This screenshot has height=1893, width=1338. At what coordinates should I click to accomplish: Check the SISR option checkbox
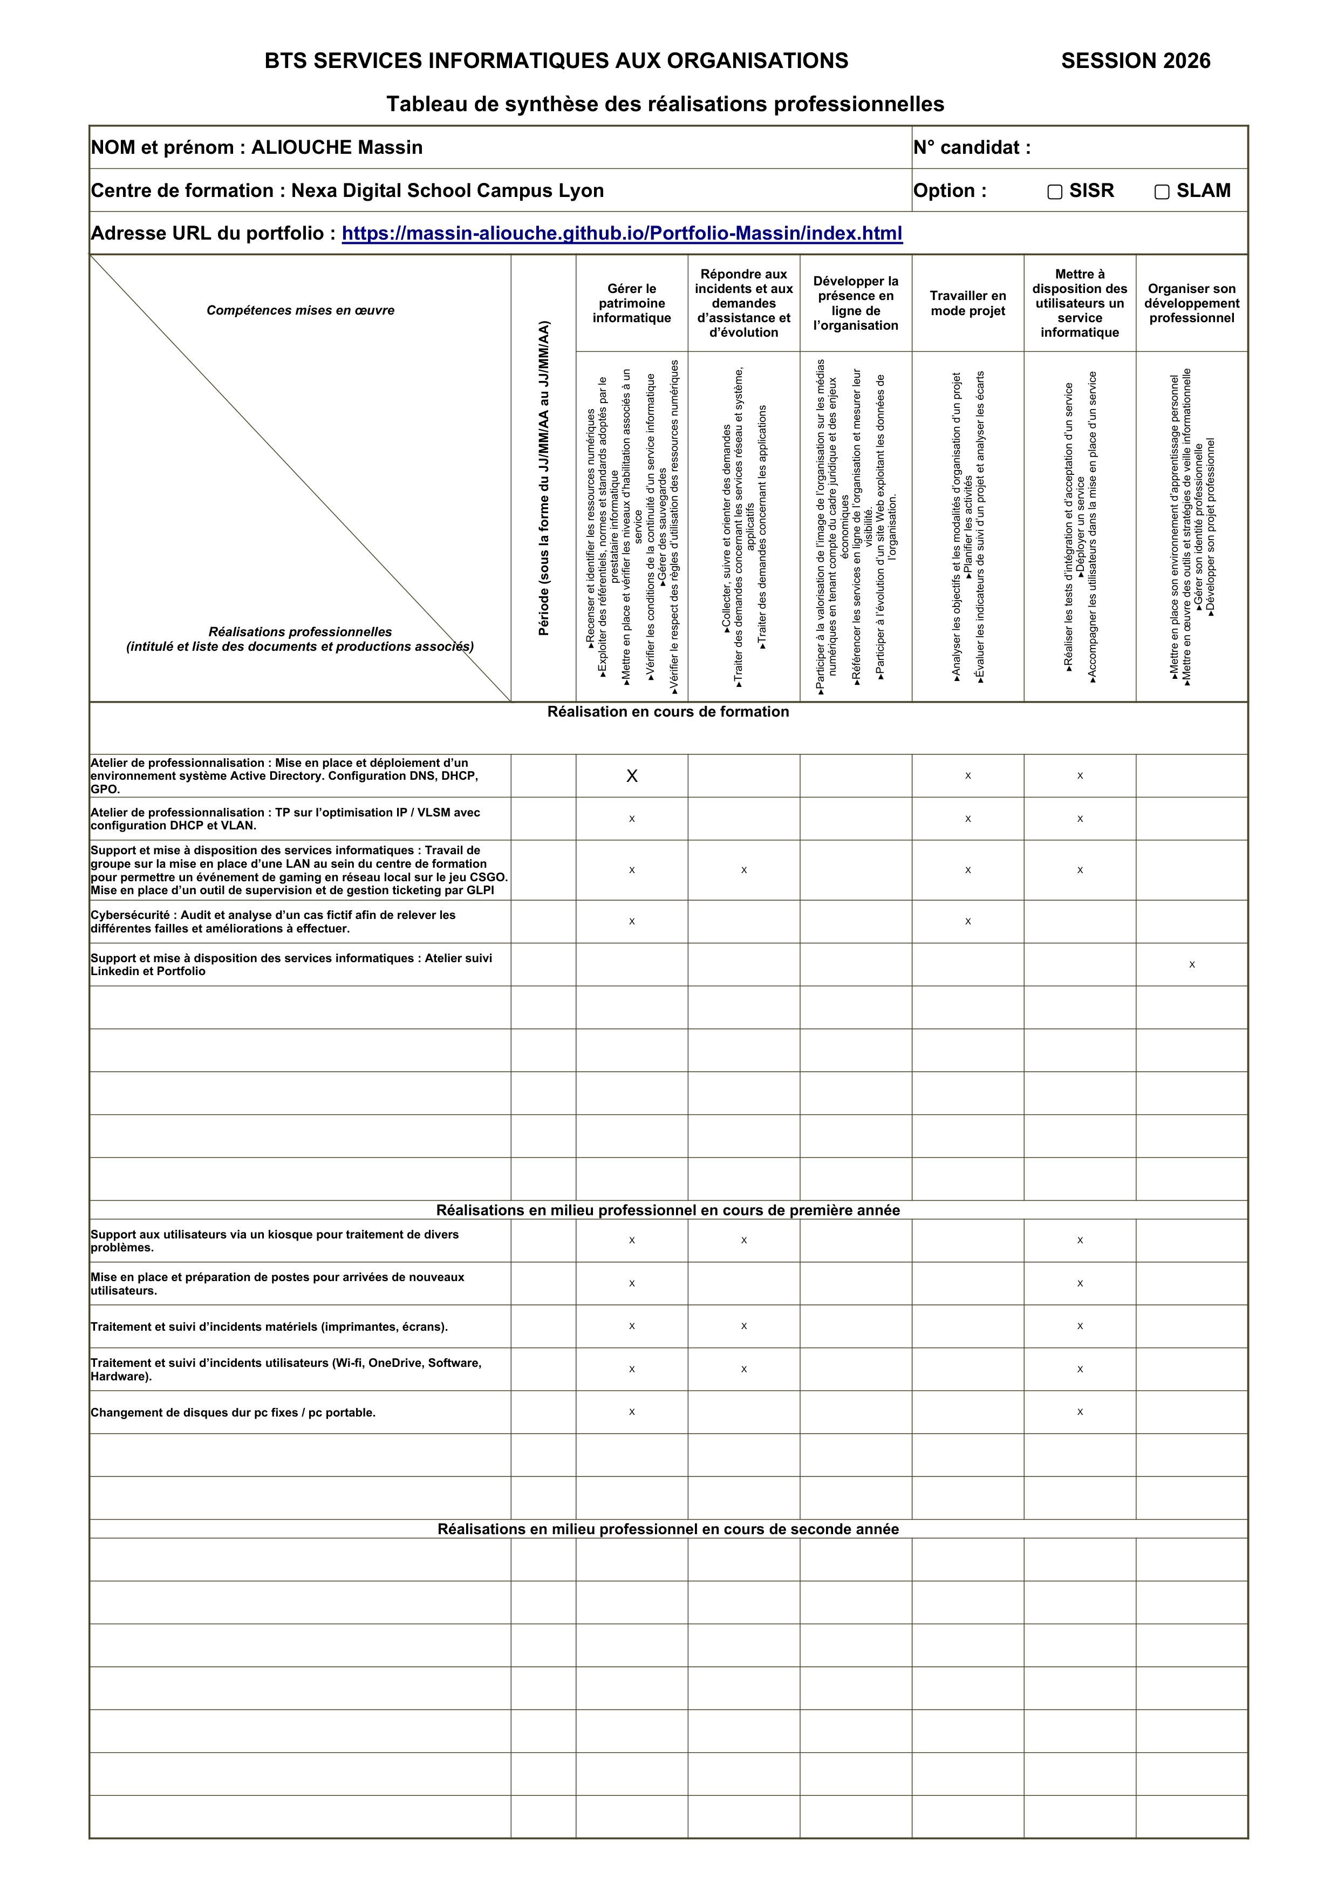[1054, 192]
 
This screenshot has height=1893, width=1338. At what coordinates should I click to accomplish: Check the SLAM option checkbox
[1162, 192]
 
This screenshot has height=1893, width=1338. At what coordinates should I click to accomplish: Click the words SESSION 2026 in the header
[1135, 61]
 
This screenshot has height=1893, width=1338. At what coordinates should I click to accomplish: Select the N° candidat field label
[971, 147]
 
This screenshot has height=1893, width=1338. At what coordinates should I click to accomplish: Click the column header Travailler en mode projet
[968, 303]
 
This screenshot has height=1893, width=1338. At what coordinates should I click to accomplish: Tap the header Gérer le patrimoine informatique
[631, 303]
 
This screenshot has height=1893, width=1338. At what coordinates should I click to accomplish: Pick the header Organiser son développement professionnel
[1191, 303]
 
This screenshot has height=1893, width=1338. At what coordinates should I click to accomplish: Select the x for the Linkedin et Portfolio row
[1191, 964]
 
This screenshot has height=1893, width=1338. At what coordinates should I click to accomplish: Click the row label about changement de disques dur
[233, 1412]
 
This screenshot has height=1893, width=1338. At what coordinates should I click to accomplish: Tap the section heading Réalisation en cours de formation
[668, 712]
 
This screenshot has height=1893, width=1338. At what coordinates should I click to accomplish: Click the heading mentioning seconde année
[668, 1529]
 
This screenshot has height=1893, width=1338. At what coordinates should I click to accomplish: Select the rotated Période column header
[543, 478]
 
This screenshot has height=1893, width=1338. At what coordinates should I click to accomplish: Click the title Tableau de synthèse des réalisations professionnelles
[665, 104]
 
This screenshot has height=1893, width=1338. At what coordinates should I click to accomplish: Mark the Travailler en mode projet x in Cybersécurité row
[968, 921]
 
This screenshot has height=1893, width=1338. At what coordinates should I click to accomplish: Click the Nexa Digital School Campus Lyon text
[447, 190]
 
